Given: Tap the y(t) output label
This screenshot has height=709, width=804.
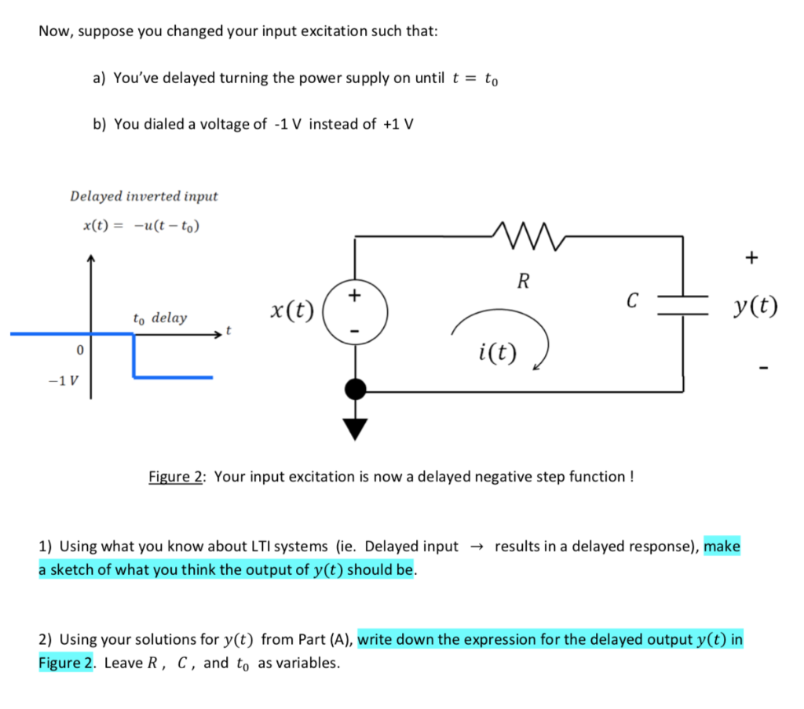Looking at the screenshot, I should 753,306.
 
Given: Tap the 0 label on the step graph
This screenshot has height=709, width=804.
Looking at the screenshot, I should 78,349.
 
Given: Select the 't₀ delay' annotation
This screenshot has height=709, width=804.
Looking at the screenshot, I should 160,318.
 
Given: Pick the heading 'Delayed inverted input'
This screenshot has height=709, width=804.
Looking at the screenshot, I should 144,195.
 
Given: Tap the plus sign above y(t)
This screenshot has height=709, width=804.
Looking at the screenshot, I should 753,256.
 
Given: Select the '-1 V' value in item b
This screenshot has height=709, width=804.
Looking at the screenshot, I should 287,124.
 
